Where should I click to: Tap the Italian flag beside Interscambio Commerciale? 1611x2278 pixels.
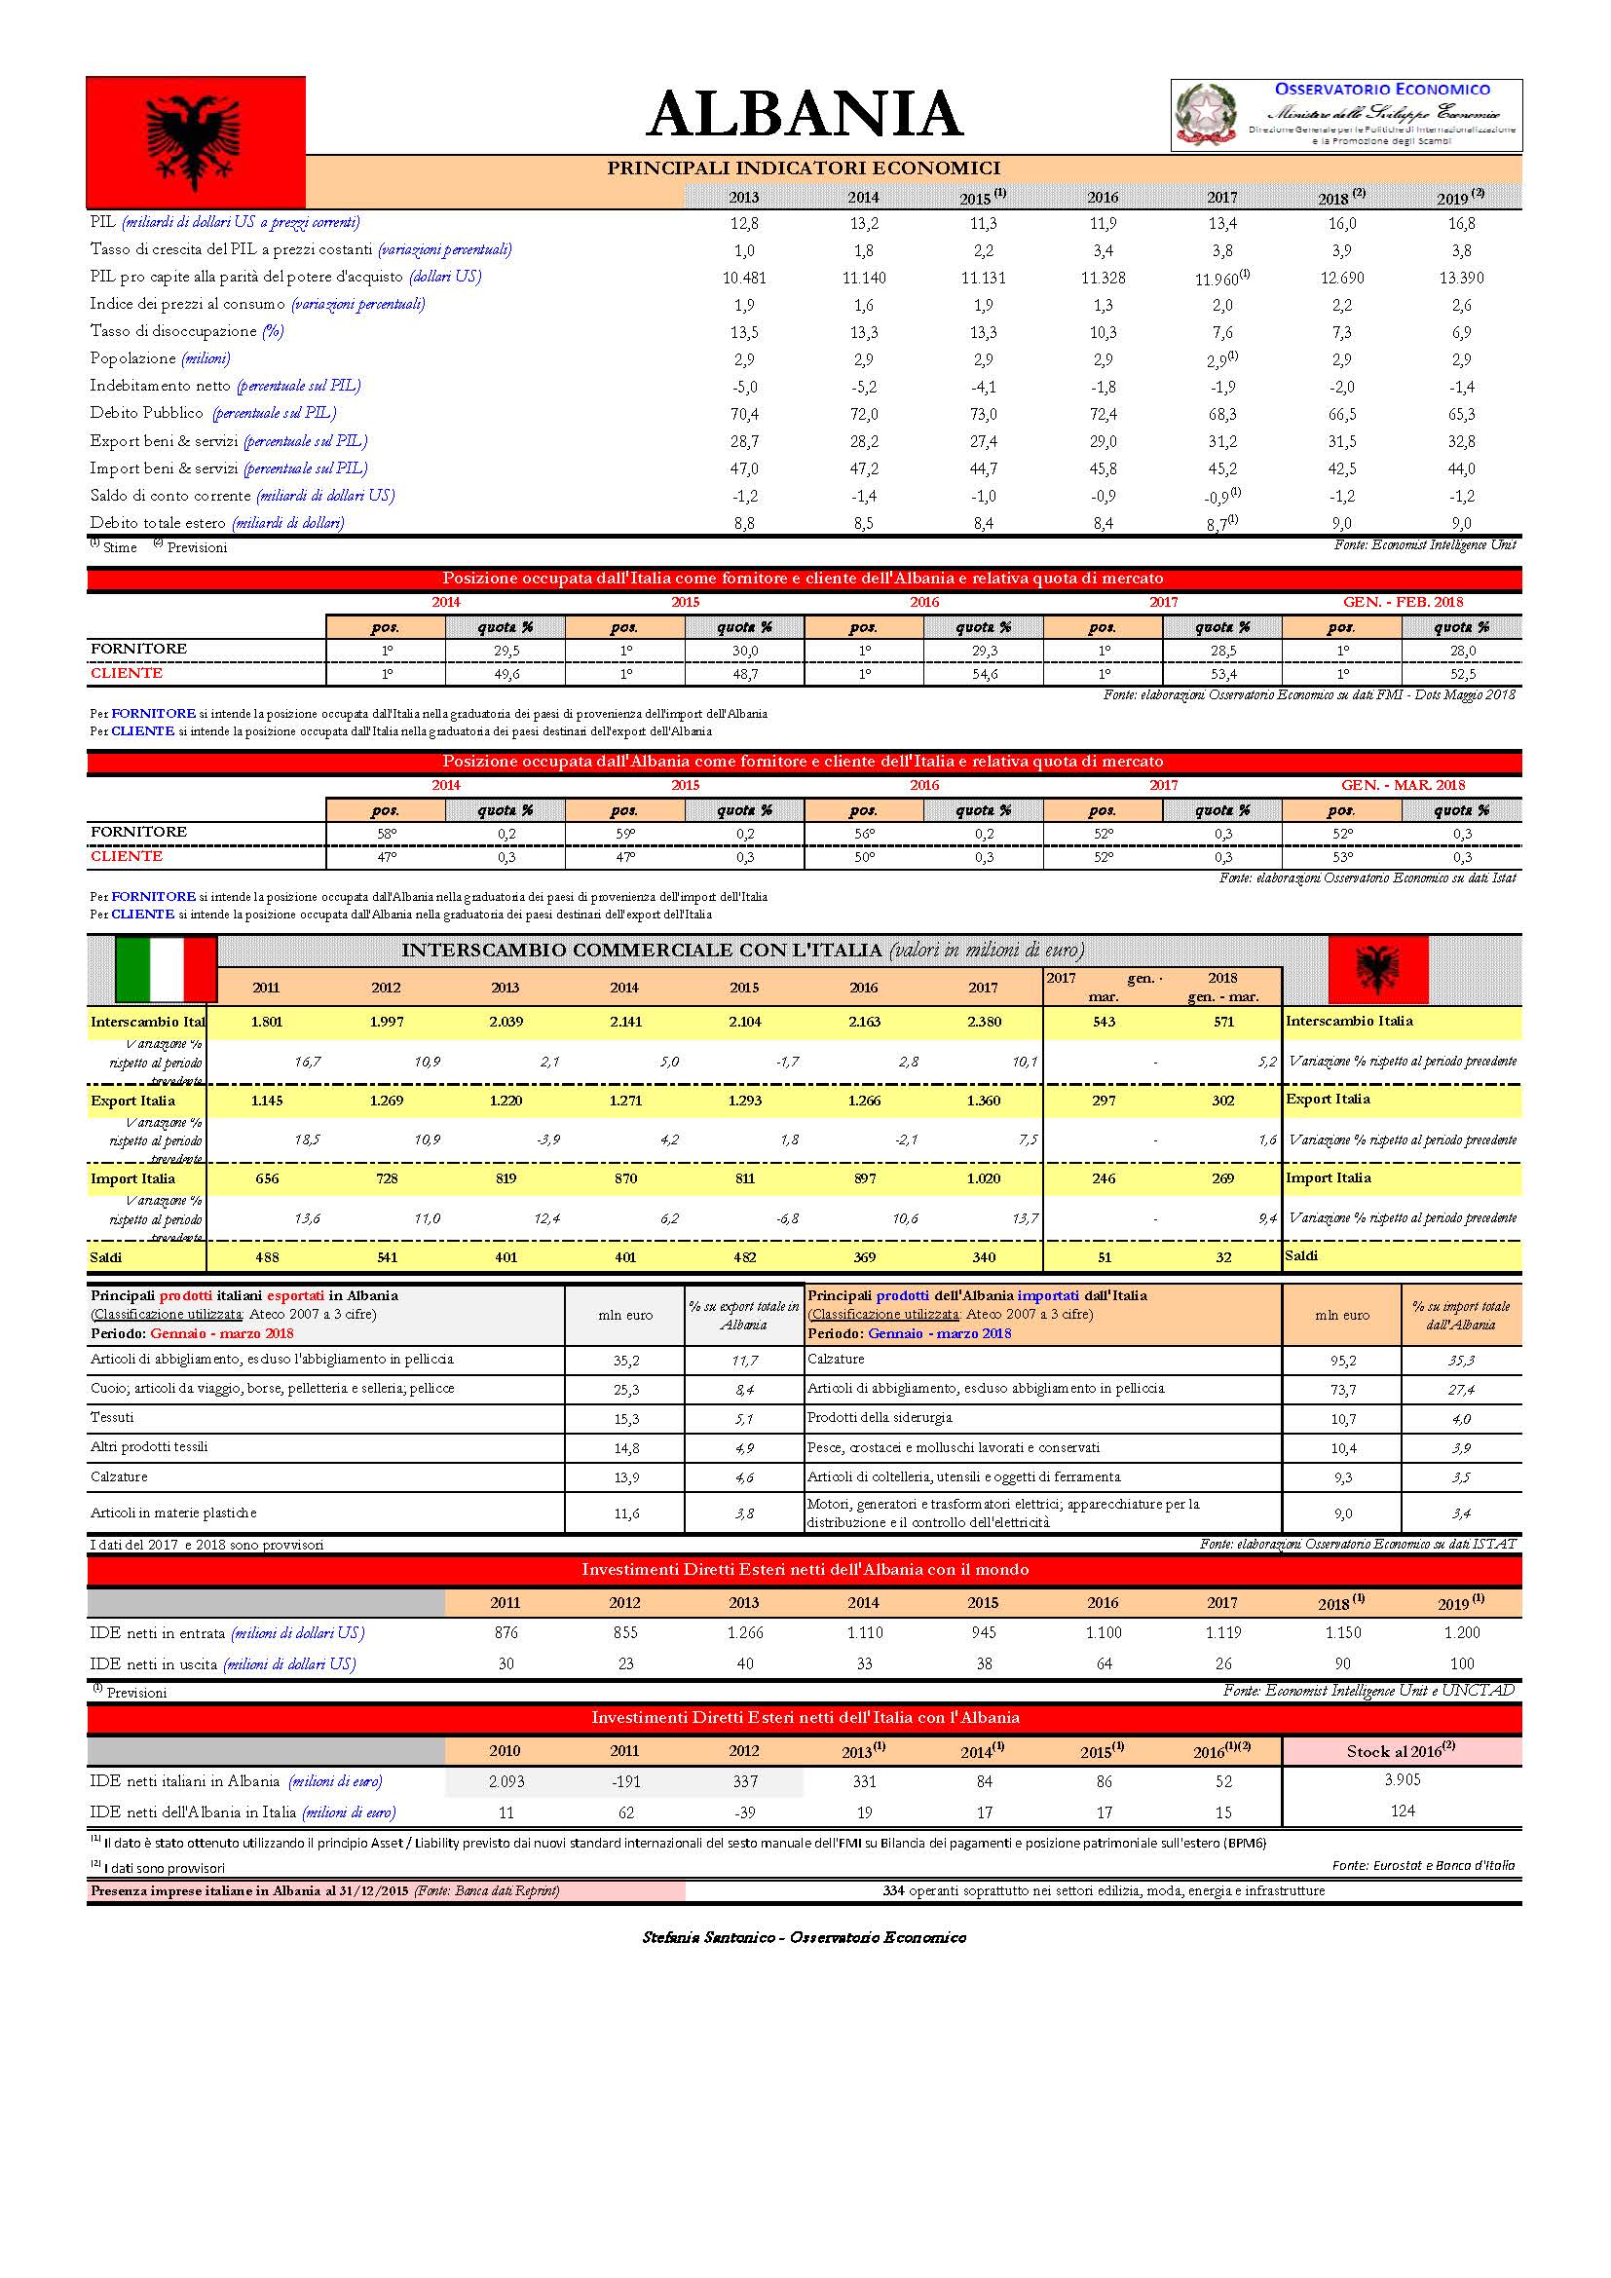pos(167,968)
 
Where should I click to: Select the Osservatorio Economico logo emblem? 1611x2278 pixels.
pos(1205,114)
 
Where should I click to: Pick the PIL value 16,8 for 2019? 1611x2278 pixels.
pos(1461,223)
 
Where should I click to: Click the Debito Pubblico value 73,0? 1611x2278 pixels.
pos(983,414)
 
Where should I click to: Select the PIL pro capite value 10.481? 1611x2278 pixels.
pos(744,278)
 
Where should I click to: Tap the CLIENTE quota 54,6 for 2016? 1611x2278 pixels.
pos(983,674)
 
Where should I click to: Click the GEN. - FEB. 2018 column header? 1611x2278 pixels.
pos(1402,602)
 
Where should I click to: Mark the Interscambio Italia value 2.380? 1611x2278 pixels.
pos(983,1022)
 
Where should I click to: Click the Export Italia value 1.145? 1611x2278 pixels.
pos(267,1101)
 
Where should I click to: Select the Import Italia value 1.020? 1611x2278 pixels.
pos(983,1178)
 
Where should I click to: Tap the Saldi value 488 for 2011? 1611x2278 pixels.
pos(267,1257)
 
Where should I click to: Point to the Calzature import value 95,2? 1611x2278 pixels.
pos(1342,1361)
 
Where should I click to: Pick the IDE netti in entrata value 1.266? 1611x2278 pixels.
pos(744,1633)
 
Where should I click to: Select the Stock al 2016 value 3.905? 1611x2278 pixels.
pos(1402,1780)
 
